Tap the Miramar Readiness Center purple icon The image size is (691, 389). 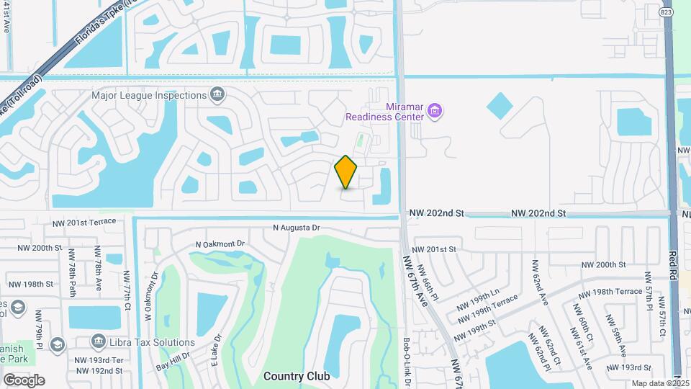click(434, 111)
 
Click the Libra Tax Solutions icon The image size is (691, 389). click(58, 342)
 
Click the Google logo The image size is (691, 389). click(24, 380)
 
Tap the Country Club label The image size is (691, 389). click(297, 376)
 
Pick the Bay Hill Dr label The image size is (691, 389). click(174, 360)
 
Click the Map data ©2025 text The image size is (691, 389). click(656, 383)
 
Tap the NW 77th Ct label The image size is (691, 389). click(127, 288)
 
